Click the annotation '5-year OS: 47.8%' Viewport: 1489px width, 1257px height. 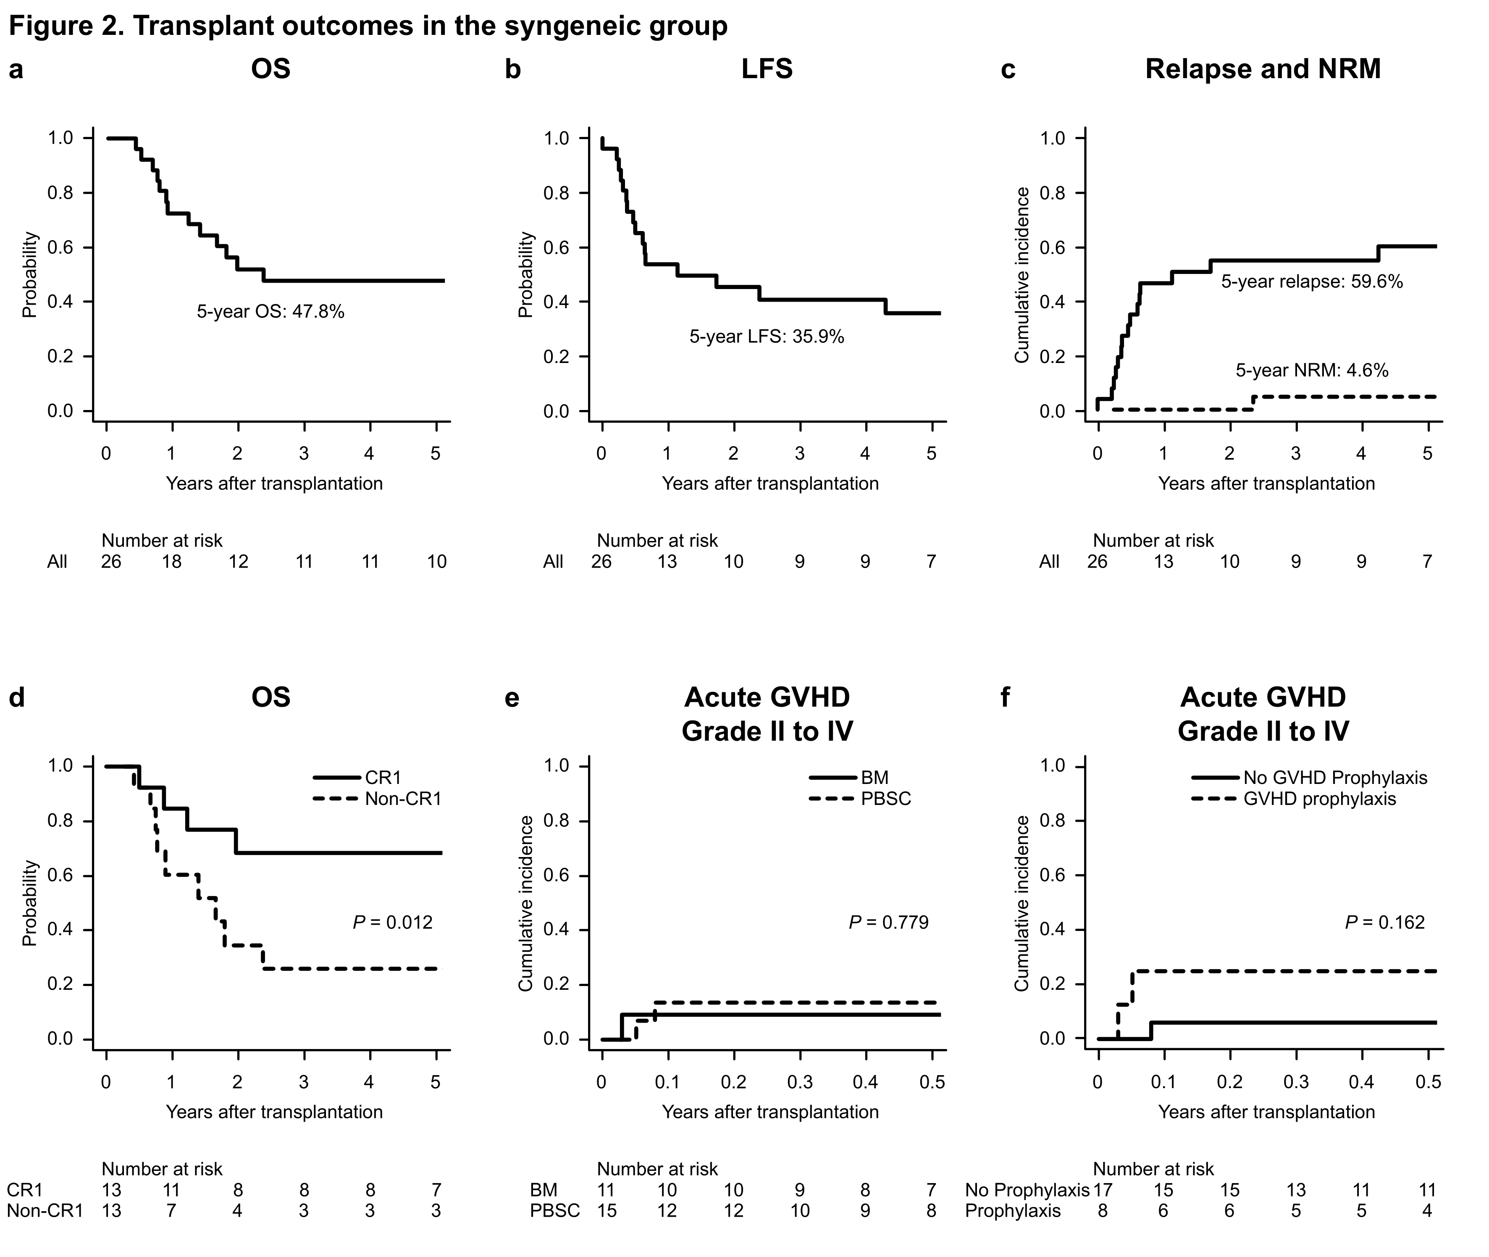tap(271, 311)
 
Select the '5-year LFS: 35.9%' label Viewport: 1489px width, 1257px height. tap(767, 337)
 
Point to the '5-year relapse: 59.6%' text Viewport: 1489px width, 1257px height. tap(1312, 281)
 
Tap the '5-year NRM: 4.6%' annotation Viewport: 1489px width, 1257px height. tap(1312, 371)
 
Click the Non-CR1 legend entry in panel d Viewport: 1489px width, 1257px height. tap(402, 799)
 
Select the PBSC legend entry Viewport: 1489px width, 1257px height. tap(885, 799)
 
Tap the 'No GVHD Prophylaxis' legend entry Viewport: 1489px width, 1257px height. tap(1335, 777)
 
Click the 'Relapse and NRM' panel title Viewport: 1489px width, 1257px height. tap(1263, 69)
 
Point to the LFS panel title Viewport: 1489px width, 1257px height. tap(767, 69)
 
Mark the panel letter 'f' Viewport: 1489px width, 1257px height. tap(1005, 697)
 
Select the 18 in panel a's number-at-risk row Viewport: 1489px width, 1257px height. tap(172, 562)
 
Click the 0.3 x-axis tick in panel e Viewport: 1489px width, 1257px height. tap(799, 1082)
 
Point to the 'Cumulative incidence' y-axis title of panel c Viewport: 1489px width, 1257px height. tap(1022, 275)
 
